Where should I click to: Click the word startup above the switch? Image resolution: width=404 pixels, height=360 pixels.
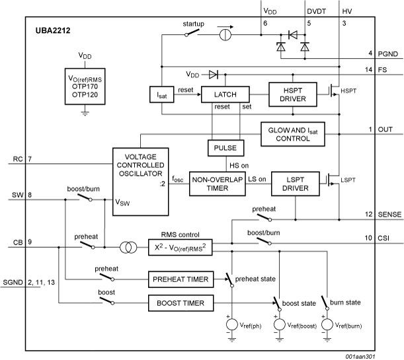[x=194, y=24]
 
